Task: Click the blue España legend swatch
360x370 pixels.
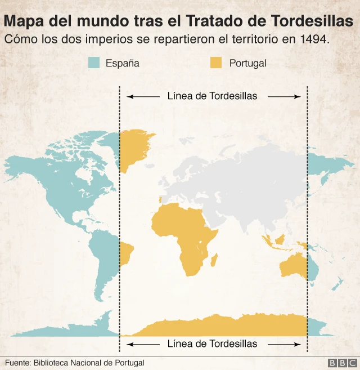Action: click(x=94, y=63)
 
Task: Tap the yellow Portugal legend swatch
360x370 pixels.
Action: click(x=216, y=63)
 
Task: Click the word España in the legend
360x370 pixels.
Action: click(x=122, y=63)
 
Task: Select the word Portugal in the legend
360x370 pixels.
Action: click(x=247, y=63)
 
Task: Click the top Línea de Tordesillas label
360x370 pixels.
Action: click(x=212, y=96)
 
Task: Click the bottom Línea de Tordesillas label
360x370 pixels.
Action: click(x=212, y=344)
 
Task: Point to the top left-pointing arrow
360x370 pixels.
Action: click(x=143, y=97)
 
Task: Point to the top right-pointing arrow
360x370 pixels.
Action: click(x=285, y=97)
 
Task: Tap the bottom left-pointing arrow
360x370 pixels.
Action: click(x=143, y=344)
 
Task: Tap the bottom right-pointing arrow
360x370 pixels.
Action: click(x=285, y=344)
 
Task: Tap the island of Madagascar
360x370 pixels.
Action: click(x=214, y=259)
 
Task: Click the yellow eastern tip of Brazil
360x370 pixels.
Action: click(x=126, y=253)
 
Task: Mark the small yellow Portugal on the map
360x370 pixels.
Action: click(x=160, y=199)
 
